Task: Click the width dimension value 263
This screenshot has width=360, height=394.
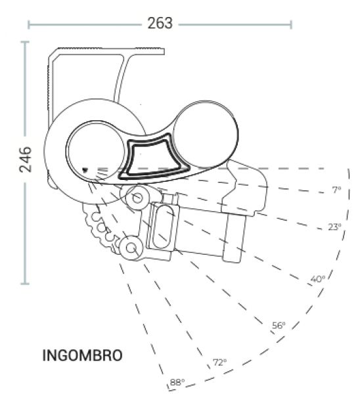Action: pos(160,24)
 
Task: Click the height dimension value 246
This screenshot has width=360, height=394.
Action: pos(26,160)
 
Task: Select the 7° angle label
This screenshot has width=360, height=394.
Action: pos(337,190)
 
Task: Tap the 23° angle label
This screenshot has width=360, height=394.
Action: pos(334,227)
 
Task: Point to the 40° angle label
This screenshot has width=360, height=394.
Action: pos(318,279)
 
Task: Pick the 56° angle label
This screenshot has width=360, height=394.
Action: pos(279,326)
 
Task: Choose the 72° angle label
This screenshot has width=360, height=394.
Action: pos(219,362)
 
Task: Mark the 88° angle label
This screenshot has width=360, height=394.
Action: pos(177,382)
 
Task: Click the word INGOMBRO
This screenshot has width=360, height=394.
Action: pos(83,355)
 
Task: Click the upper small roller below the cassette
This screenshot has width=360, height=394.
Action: pos(137,198)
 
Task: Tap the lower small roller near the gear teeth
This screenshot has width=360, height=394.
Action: pos(131,248)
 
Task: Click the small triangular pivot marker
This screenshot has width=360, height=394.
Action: pos(85,170)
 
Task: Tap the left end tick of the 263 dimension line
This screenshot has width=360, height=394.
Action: pos(28,25)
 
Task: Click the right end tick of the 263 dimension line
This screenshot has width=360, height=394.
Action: pos(291,25)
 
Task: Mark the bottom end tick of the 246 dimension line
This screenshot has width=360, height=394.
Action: pos(25,284)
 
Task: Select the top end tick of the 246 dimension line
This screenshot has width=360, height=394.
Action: pos(25,42)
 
